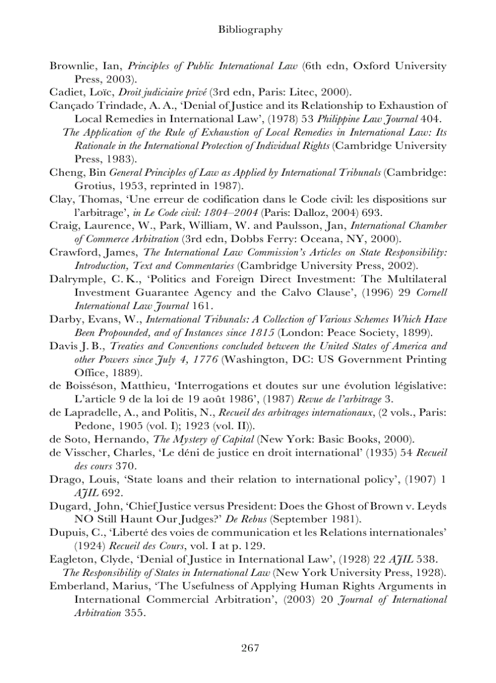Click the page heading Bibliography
pyautogui.click(x=250, y=29)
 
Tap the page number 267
pyautogui.click(x=250, y=648)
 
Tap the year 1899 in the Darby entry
pyautogui.click(x=418, y=333)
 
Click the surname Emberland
pyautogui.click(x=76, y=586)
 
